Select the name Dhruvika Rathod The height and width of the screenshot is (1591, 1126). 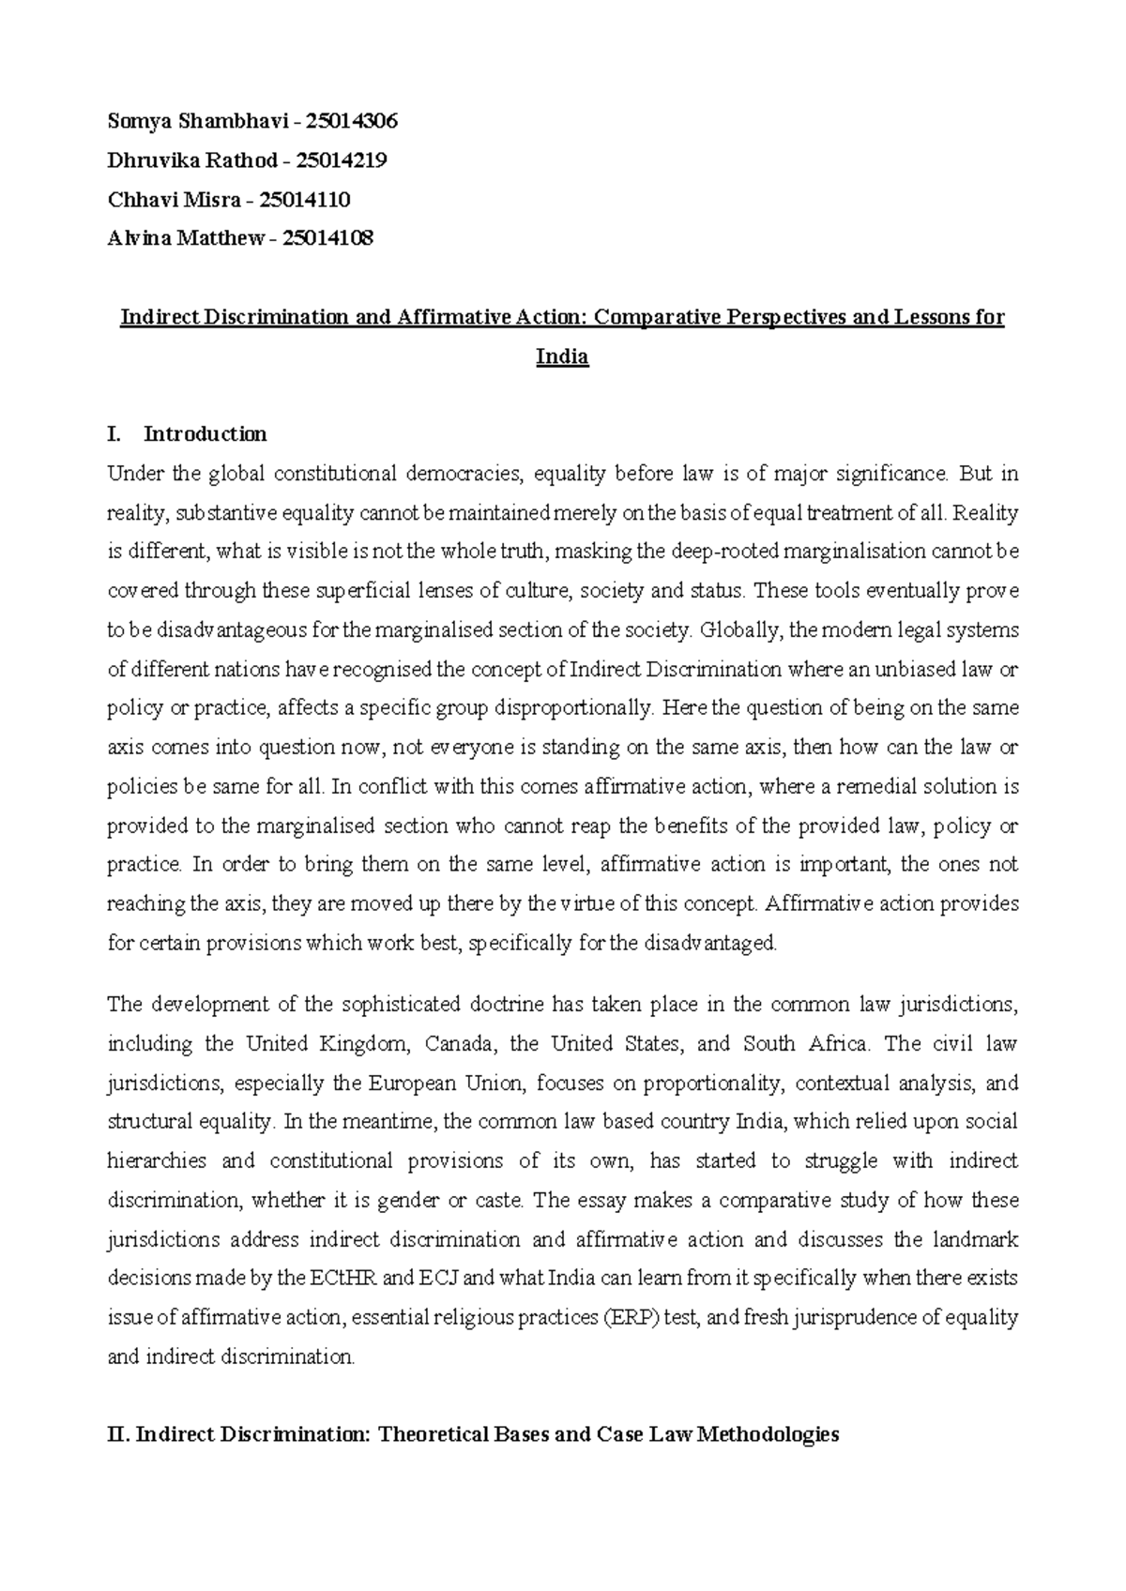192,160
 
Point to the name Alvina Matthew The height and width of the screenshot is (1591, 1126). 186,238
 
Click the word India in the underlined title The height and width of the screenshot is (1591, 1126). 561,357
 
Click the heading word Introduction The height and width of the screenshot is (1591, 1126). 205,433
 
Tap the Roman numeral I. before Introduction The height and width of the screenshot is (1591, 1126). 114,433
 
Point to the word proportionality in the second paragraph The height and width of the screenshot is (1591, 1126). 712,1083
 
